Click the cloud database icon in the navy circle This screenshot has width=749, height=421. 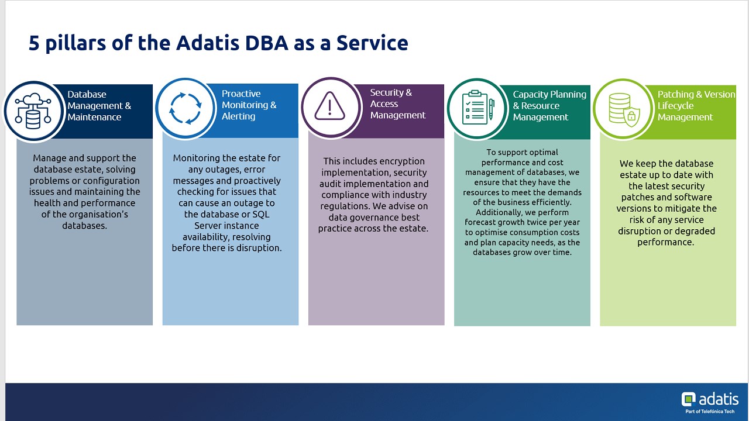pyautogui.click(x=33, y=111)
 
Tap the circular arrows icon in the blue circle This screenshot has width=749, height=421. pyautogui.click(x=185, y=108)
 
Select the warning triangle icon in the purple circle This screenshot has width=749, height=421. pyautogui.click(x=329, y=105)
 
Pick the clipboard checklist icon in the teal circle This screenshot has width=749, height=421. pyautogui.click(x=478, y=107)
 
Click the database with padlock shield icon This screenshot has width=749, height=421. pyautogui.click(x=624, y=109)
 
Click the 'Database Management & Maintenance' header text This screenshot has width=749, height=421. pyautogui.click(x=99, y=106)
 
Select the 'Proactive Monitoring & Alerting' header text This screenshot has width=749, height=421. pyautogui.click(x=249, y=105)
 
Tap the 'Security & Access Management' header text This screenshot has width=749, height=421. pyautogui.click(x=397, y=103)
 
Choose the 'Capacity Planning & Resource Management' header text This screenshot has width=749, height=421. pyautogui.click(x=549, y=106)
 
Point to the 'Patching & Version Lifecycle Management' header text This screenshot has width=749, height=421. pyautogui.click(x=696, y=106)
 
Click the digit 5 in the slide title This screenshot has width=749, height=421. pyautogui.click(x=34, y=43)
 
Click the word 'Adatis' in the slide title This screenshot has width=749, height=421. pyautogui.click(x=208, y=43)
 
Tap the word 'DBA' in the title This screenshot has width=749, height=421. pyautogui.click(x=266, y=43)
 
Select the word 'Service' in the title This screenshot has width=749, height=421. pyautogui.click(x=372, y=43)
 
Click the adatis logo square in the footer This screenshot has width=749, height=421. pyautogui.click(x=689, y=399)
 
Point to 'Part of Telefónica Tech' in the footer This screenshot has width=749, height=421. pyautogui.click(x=710, y=411)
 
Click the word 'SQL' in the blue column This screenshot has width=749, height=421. pyautogui.click(x=261, y=214)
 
